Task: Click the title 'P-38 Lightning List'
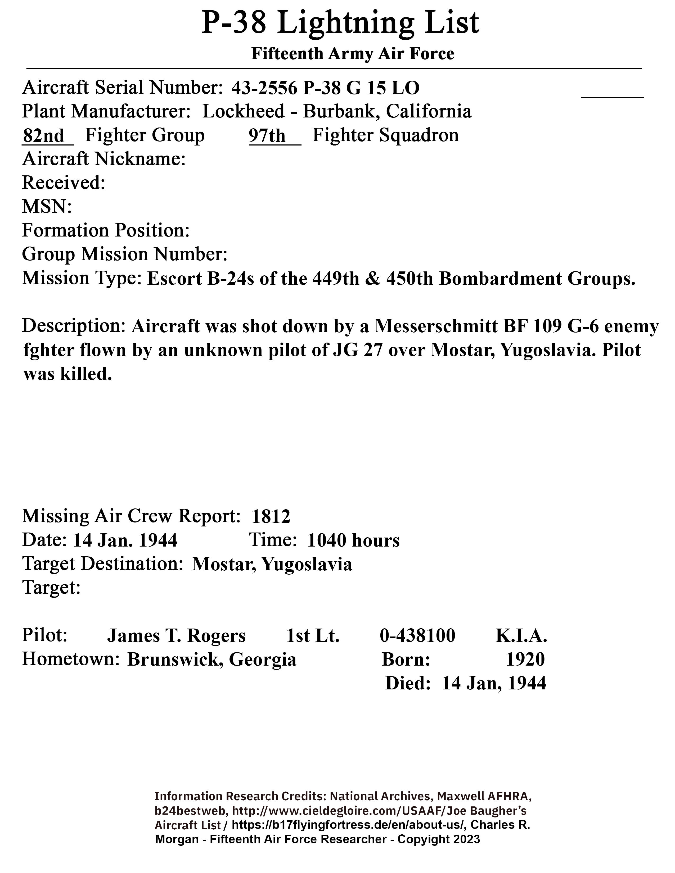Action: coord(340,23)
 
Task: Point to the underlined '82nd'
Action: coord(44,136)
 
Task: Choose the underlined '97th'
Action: coord(267,136)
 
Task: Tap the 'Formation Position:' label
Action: coord(106,231)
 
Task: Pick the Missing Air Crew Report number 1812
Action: coord(271,516)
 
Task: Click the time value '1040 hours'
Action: coord(353,540)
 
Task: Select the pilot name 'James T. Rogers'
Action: coord(176,635)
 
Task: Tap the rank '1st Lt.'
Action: coord(313,635)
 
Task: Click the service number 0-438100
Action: coord(417,635)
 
